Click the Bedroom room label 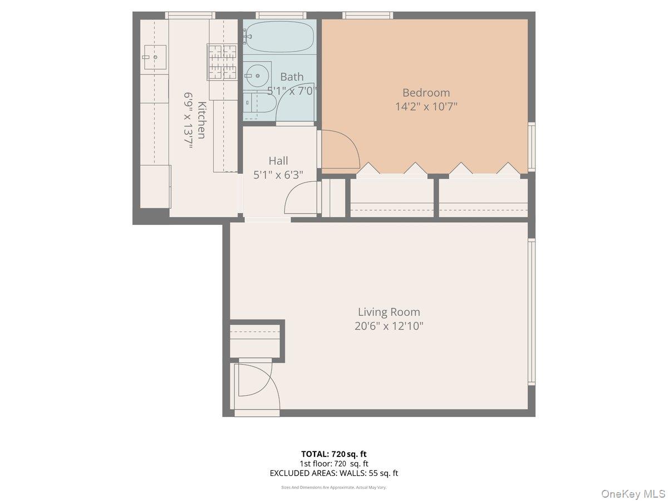(x=426, y=92)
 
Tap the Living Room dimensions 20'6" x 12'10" (x=389, y=326)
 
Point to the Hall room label (x=278, y=161)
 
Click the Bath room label (x=292, y=77)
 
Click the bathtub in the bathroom (x=279, y=37)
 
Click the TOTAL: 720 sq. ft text (x=334, y=454)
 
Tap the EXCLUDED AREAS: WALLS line (x=334, y=473)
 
